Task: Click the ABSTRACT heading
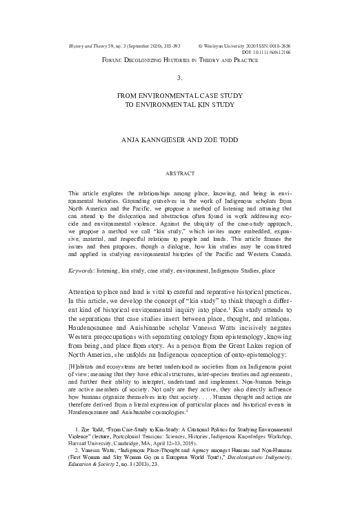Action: (179, 171)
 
